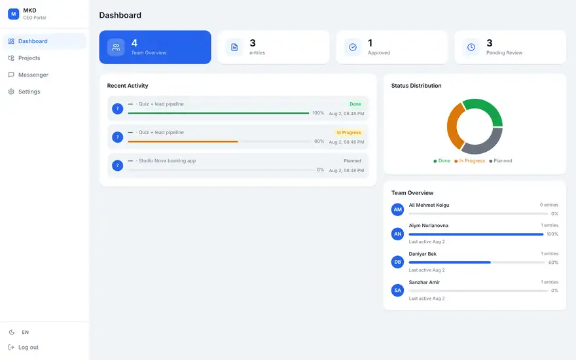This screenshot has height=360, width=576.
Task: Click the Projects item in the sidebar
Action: click(24, 58)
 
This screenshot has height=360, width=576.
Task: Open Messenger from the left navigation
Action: click(28, 75)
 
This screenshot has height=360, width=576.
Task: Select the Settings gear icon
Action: click(11, 92)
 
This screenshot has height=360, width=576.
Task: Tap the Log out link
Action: click(24, 347)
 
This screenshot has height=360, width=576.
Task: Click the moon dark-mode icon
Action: click(12, 332)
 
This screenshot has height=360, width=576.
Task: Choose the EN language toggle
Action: click(25, 332)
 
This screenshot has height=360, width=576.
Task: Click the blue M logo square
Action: click(14, 14)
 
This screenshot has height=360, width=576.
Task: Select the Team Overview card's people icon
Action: click(116, 47)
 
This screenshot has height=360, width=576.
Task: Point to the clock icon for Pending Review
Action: click(471, 47)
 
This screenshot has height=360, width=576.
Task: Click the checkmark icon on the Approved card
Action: click(353, 47)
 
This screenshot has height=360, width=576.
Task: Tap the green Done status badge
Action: click(355, 104)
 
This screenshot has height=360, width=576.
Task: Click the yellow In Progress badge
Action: click(349, 133)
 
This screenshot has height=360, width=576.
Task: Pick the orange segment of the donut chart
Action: click(452, 126)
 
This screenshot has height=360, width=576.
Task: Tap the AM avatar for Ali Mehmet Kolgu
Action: click(397, 209)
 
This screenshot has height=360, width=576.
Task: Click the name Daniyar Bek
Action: click(422, 254)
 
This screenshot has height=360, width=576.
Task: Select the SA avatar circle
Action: click(397, 290)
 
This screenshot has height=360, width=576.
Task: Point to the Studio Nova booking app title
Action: click(167, 161)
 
